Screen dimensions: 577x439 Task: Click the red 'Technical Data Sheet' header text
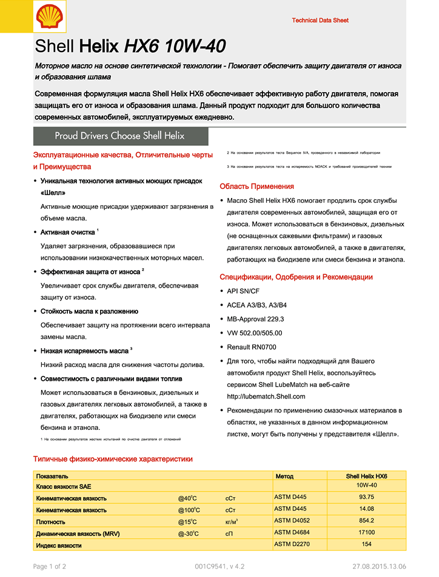coord(320,21)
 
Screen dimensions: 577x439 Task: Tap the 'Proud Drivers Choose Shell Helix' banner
coord(119,136)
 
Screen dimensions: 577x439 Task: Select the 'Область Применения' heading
coord(256,186)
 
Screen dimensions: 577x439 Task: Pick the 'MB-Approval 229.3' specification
coord(255,319)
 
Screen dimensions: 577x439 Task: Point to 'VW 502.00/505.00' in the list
coord(254,333)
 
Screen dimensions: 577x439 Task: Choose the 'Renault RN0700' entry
coord(251,347)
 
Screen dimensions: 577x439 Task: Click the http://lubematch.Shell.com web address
coord(266,397)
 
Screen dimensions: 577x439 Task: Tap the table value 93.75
coord(366,497)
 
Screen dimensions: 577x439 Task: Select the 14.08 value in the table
coord(366,509)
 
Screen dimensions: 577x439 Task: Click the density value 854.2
coord(366,521)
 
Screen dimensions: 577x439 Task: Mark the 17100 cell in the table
coord(366,532)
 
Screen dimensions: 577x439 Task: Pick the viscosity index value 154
coord(366,544)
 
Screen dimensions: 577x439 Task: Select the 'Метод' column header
coord(284,476)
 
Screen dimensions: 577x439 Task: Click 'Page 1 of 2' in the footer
coord(49,567)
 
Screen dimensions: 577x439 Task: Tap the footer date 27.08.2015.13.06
coord(379,567)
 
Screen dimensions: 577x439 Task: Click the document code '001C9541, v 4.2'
coord(219,567)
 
